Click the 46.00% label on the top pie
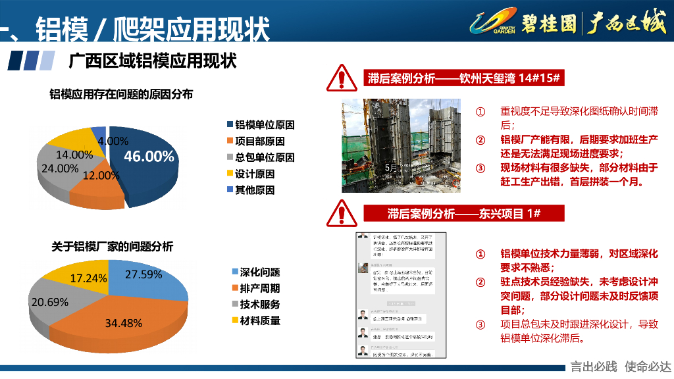(149, 157)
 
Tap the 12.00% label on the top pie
(101, 176)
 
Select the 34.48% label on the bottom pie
(123, 323)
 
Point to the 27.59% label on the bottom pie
(143, 274)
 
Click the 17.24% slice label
(88, 278)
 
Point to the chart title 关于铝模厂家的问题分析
(113, 247)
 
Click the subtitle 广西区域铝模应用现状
(152, 61)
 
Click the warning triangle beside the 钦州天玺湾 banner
(342, 78)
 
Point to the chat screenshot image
(398, 294)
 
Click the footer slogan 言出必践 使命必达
(620, 367)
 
